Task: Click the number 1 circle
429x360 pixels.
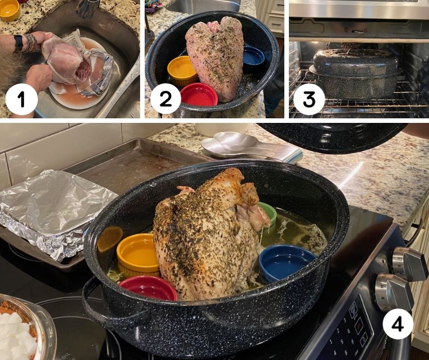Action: (21, 99)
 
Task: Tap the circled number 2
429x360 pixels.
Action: (165, 99)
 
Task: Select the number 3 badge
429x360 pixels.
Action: (309, 99)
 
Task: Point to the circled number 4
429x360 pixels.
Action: (398, 325)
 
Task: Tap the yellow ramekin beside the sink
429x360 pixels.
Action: (9, 10)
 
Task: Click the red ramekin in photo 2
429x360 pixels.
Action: (199, 95)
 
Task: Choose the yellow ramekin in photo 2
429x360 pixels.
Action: (182, 70)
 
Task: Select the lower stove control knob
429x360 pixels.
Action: (394, 292)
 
